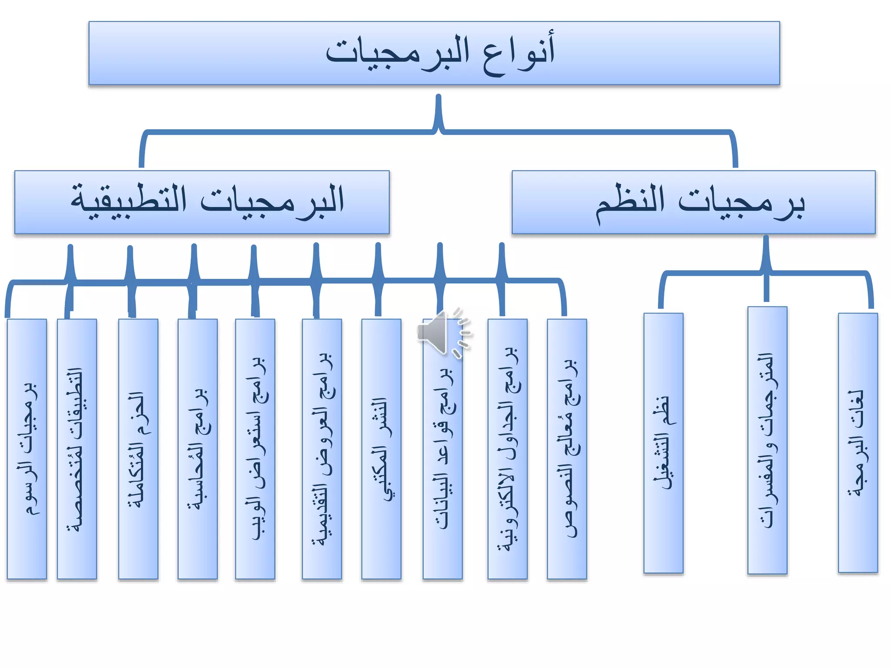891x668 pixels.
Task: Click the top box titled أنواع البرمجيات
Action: tap(434, 53)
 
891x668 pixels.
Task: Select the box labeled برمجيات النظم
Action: tap(693, 202)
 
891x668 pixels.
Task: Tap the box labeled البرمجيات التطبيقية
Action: tap(202, 202)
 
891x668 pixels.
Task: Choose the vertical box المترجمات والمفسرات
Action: tap(767, 440)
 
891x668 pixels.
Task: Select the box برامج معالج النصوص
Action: tap(567, 449)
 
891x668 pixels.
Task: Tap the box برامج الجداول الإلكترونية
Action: tap(507, 449)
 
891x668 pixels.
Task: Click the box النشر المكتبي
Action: tap(381, 449)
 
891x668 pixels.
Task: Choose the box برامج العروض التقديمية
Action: tap(322, 449)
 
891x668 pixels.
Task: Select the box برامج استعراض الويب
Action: tap(255, 449)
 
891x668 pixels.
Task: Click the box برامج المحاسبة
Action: tap(198, 449)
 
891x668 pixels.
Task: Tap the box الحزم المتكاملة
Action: tap(138, 449)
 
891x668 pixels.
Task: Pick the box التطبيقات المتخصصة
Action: tap(77, 449)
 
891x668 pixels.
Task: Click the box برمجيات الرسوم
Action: tap(27, 449)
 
